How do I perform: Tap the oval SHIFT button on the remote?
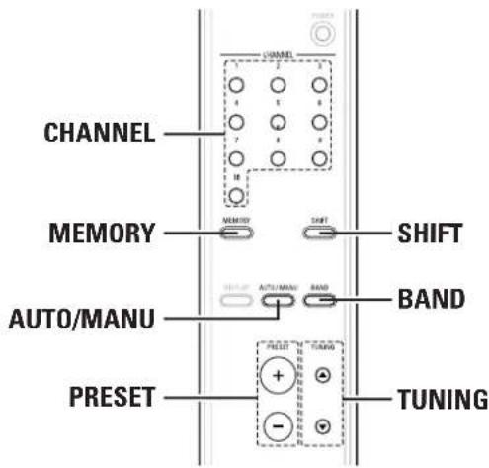(x=318, y=234)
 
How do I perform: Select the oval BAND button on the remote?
(x=318, y=296)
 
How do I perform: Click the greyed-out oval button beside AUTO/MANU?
(x=235, y=296)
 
